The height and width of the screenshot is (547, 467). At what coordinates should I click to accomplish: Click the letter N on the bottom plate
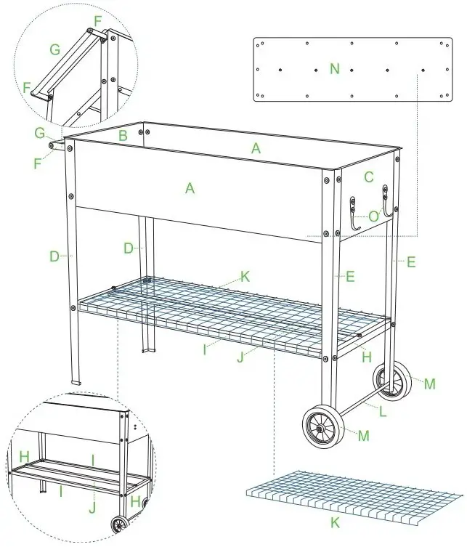click(334, 69)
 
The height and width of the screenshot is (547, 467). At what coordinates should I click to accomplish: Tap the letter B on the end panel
click(123, 135)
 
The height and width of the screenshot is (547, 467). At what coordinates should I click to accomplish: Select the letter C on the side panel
click(369, 177)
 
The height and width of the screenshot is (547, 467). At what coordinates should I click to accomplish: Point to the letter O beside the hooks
click(373, 216)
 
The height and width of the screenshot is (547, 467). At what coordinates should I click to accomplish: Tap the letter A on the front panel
click(190, 188)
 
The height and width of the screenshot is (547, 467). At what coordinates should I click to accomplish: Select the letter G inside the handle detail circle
click(54, 50)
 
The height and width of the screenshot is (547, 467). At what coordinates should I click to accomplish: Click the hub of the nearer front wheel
click(320, 428)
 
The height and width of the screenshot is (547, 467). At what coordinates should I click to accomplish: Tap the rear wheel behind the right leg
click(389, 381)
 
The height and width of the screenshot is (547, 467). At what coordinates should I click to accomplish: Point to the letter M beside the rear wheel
click(429, 384)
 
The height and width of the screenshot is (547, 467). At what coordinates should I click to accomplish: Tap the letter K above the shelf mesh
click(245, 276)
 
